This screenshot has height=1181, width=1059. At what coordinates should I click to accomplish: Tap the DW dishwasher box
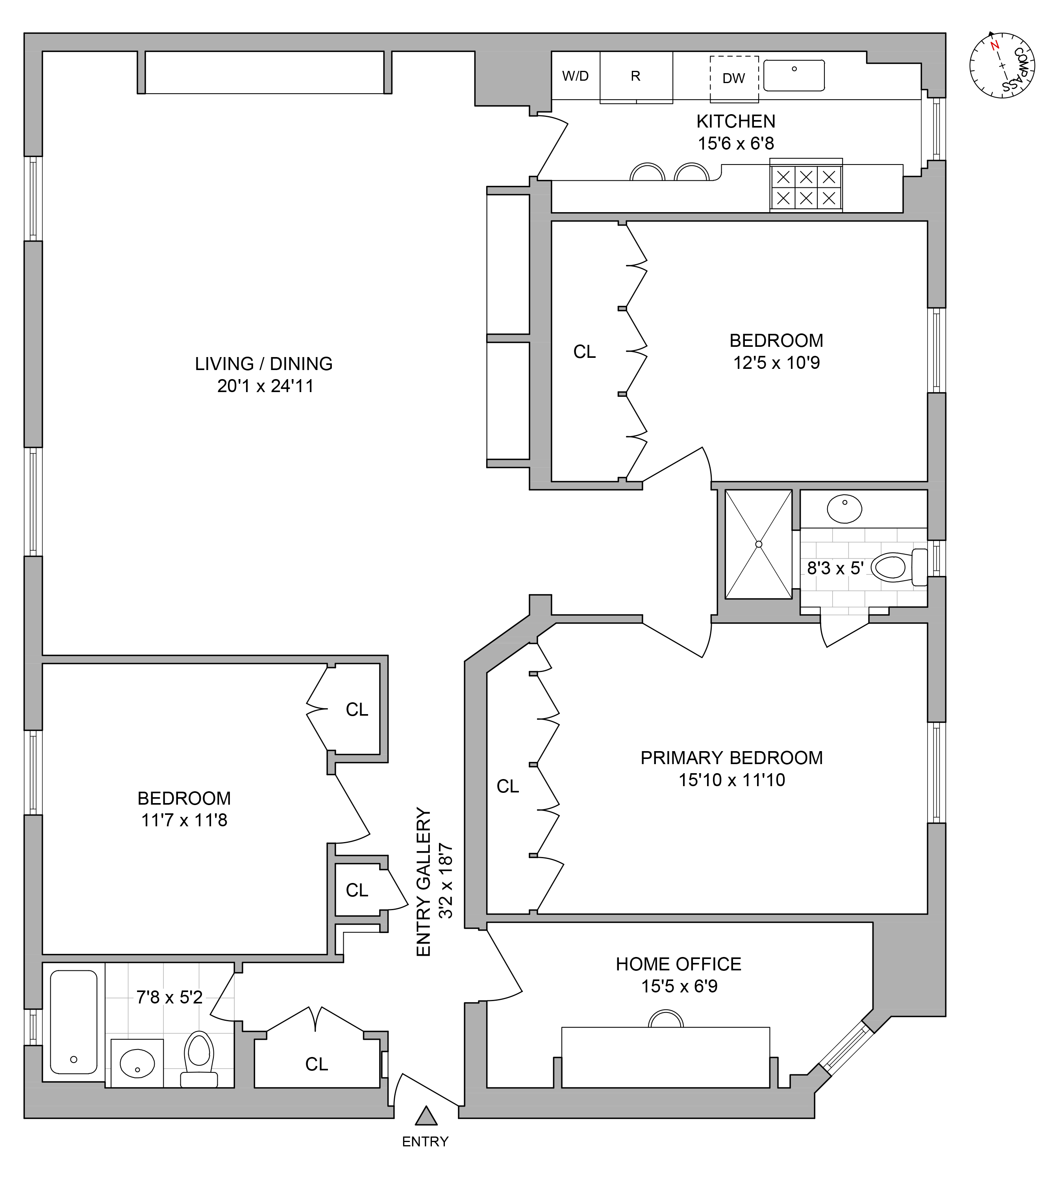734,79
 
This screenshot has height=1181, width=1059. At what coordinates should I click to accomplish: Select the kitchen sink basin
794,76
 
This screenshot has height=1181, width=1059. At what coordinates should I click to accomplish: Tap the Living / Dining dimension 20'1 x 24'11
265,386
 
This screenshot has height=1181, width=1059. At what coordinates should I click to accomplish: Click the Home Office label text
678,964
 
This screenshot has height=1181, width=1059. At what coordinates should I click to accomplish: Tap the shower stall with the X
758,544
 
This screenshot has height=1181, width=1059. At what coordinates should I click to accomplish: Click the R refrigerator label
635,76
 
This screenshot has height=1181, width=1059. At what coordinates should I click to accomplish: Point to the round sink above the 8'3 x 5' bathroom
844,509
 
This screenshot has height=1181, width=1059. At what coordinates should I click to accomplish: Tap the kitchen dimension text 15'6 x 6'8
736,144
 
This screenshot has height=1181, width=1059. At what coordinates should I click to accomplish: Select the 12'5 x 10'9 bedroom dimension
776,363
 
